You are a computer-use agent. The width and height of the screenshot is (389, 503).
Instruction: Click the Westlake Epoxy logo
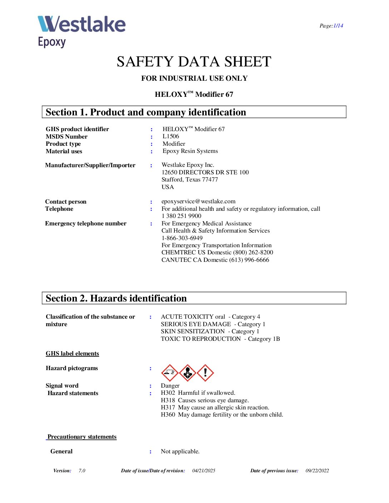point(82,31)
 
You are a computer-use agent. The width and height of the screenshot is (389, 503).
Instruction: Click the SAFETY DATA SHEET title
point(194,62)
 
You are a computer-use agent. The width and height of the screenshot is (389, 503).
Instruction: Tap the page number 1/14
point(338,26)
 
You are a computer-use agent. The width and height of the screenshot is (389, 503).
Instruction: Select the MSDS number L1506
point(171,136)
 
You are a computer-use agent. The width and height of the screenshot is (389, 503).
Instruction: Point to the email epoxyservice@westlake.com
point(198,201)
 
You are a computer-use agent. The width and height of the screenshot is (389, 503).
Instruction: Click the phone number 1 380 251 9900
point(181,216)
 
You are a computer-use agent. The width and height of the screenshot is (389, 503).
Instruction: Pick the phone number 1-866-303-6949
point(182,238)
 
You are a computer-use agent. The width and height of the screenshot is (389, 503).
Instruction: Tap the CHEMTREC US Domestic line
point(217,253)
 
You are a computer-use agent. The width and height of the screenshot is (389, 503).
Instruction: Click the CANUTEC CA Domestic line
point(215,260)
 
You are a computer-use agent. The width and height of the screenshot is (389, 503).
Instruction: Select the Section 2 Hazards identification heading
point(116,298)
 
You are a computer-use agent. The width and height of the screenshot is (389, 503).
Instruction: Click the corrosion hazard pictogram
point(170,373)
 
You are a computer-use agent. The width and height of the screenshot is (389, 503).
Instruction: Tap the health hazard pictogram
point(188,373)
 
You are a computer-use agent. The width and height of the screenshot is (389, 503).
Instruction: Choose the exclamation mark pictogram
point(205,373)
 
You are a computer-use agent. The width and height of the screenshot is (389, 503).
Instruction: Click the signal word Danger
point(170,386)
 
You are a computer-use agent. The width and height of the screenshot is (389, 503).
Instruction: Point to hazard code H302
point(168,393)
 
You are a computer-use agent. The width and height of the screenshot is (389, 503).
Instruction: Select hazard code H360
point(168,415)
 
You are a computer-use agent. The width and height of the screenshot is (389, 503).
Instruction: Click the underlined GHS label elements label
point(72,354)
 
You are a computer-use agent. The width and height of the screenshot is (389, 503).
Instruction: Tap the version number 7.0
point(82,471)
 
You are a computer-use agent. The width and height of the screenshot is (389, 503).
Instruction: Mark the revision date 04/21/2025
point(204,471)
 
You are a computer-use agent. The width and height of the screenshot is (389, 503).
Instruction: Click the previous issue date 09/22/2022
point(317,471)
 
